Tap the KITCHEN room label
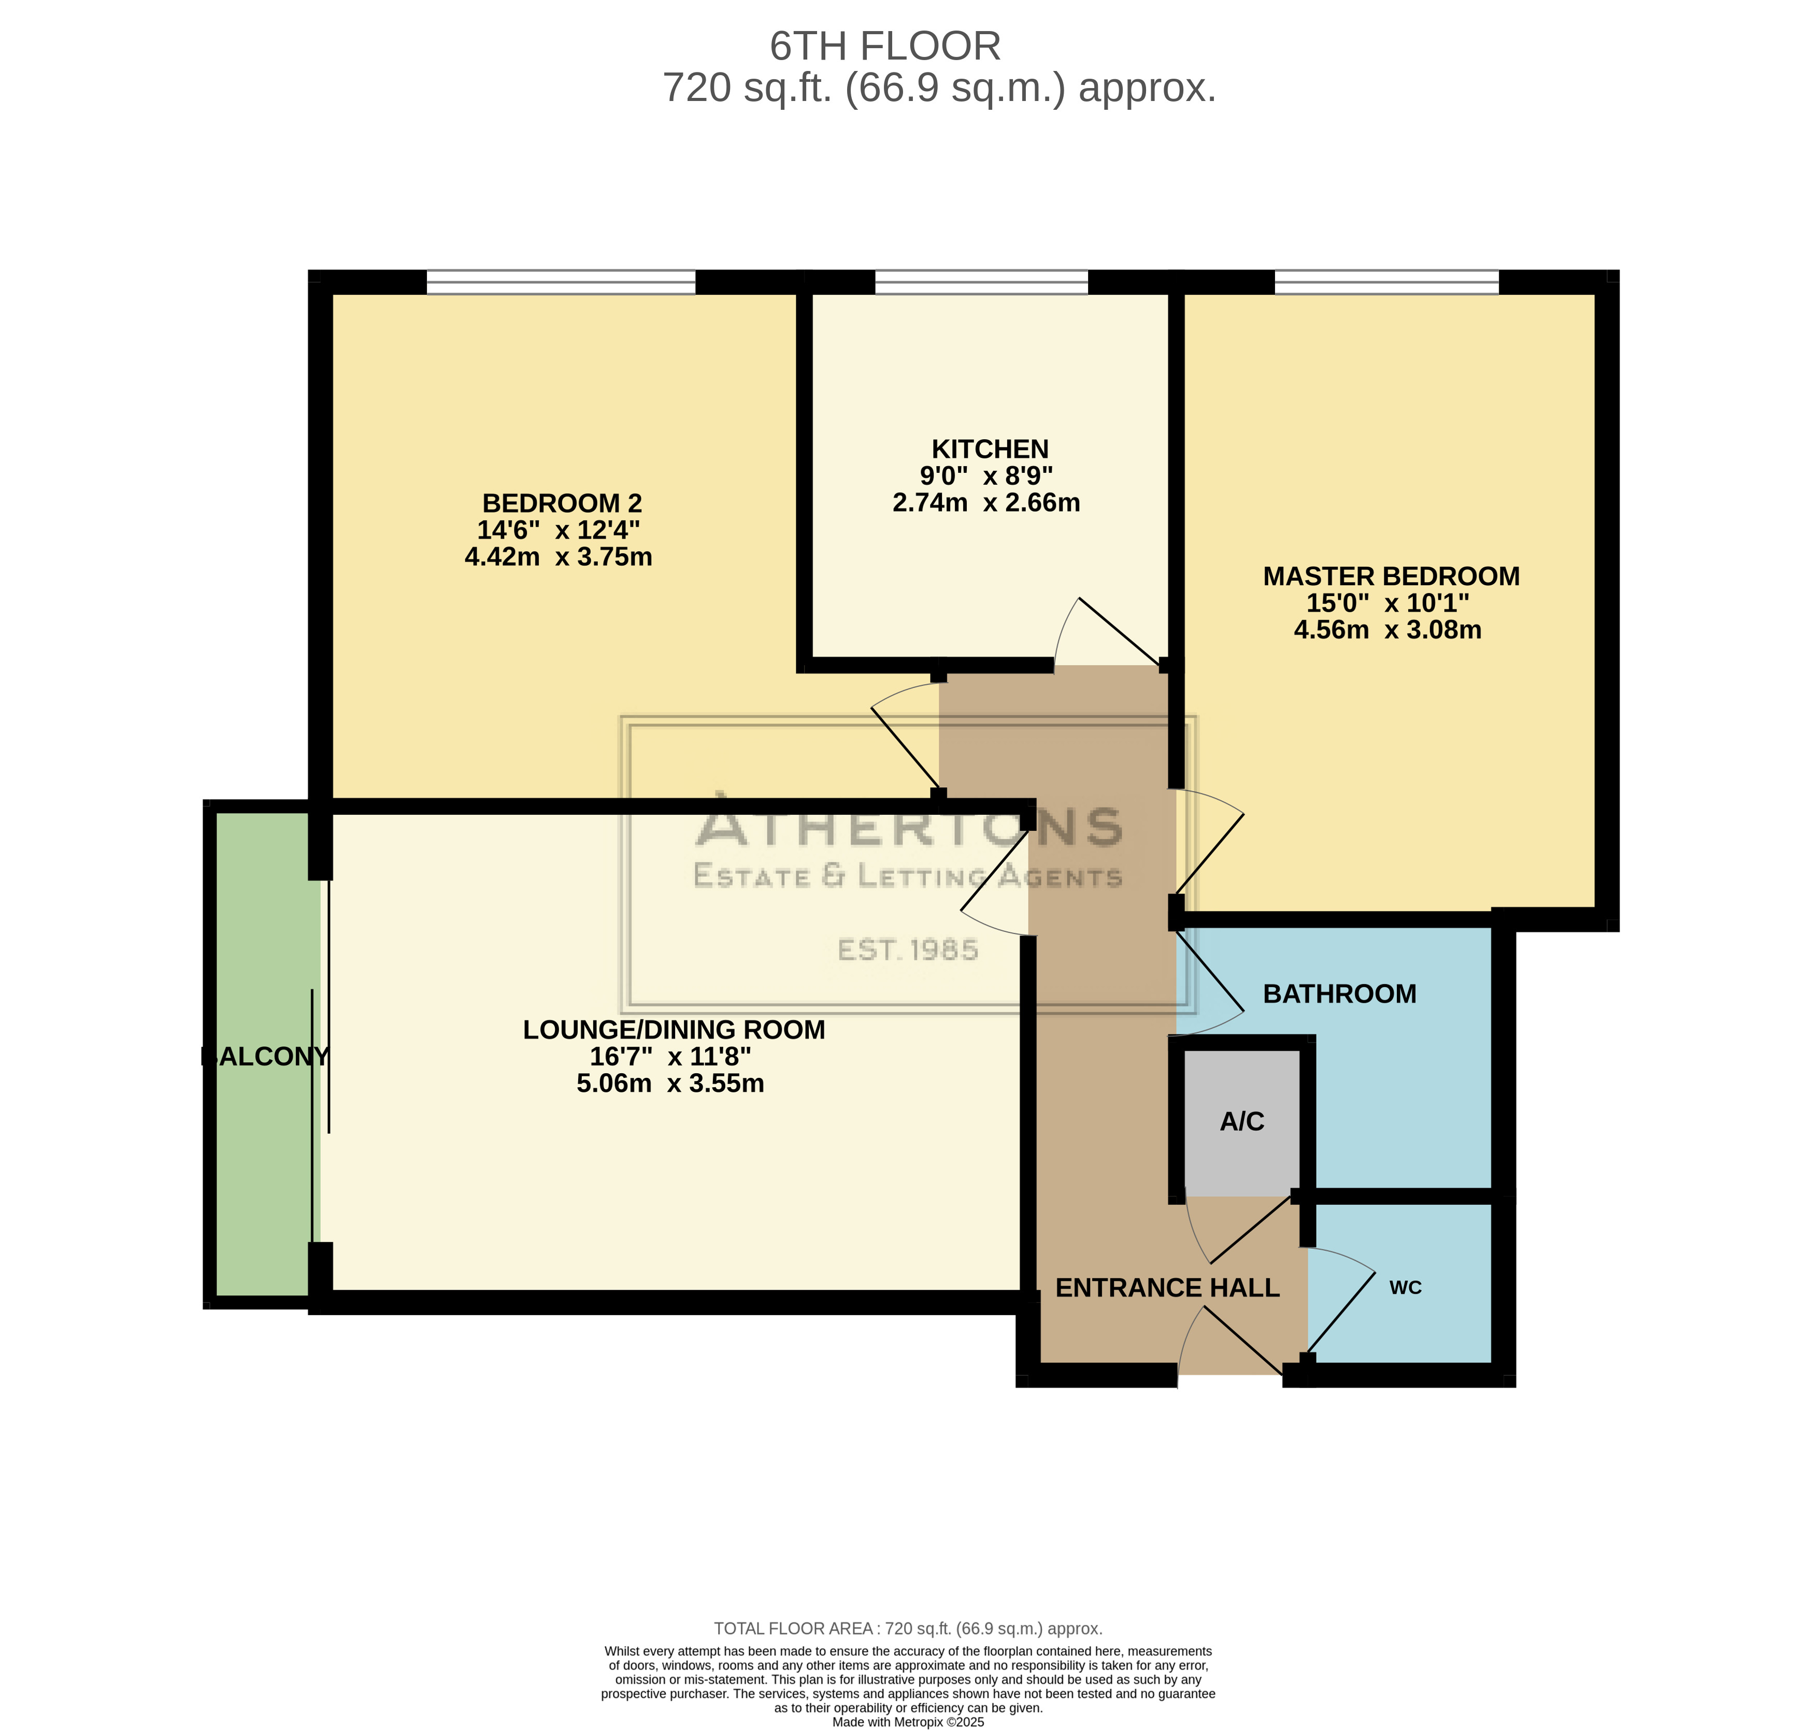[990, 449]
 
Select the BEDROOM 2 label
[562, 503]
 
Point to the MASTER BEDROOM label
[1391, 576]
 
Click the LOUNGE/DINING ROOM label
[674, 1030]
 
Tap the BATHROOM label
[1339, 994]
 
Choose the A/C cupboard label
[1241, 1121]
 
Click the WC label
[1405, 1287]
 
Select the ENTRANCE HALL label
[1167, 1288]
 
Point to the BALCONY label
[265, 1057]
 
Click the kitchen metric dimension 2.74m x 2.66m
[986, 502]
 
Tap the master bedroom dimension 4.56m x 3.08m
[1387, 630]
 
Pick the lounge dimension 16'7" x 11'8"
[670, 1057]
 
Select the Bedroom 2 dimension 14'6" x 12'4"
[558, 530]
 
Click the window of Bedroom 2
[561, 282]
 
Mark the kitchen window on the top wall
[981, 282]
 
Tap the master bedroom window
[1386, 282]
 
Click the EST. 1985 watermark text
[908, 950]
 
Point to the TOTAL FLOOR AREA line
[908, 1628]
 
